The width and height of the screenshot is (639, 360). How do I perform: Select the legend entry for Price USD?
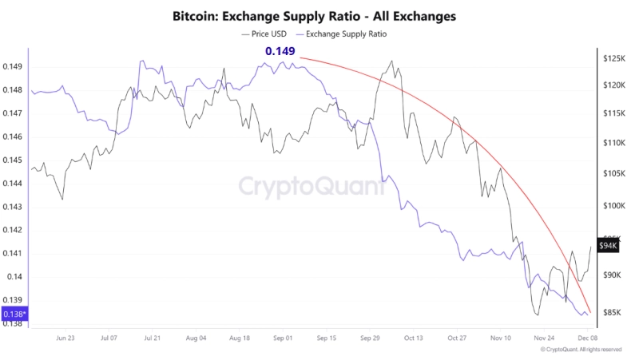[265, 34]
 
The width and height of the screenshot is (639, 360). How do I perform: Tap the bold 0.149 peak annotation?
[280, 52]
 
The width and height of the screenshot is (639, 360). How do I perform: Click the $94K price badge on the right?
[608, 246]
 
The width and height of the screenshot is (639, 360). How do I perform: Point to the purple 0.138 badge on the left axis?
[14, 315]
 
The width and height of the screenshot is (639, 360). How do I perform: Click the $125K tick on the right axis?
[613, 59]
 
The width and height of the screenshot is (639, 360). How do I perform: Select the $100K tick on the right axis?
[613, 205]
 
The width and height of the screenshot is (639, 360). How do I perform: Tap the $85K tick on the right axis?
[612, 312]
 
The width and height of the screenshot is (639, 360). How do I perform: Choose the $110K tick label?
[613, 143]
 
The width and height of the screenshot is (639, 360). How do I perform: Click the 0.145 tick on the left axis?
[14, 160]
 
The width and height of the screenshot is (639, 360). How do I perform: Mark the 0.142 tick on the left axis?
[14, 231]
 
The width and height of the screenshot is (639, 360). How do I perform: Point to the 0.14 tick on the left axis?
[16, 277]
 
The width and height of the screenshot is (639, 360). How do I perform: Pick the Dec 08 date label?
[589, 338]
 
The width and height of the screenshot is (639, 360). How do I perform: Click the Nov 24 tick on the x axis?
[545, 338]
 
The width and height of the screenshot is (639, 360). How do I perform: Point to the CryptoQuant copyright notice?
[581, 350]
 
